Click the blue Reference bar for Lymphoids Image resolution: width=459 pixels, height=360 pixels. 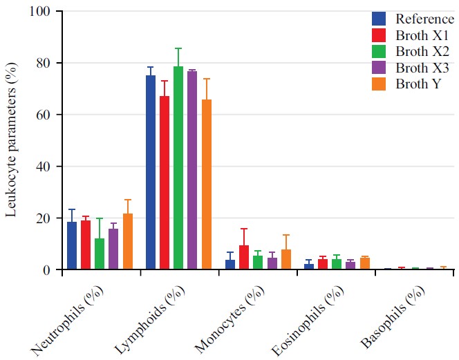[x=150, y=173]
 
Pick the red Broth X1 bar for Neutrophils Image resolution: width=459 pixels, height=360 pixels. [x=86, y=245]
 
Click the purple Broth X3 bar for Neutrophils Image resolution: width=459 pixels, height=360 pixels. [x=113, y=249]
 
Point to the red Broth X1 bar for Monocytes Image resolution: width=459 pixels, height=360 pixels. [x=243, y=258]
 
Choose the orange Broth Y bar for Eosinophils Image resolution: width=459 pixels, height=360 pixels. [x=364, y=263]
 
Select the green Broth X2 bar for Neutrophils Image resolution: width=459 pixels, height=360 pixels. [x=100, y=254]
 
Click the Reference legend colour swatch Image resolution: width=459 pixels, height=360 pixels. [x=379, y=19]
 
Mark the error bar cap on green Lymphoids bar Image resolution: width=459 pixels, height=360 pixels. [x=178, y=48]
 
